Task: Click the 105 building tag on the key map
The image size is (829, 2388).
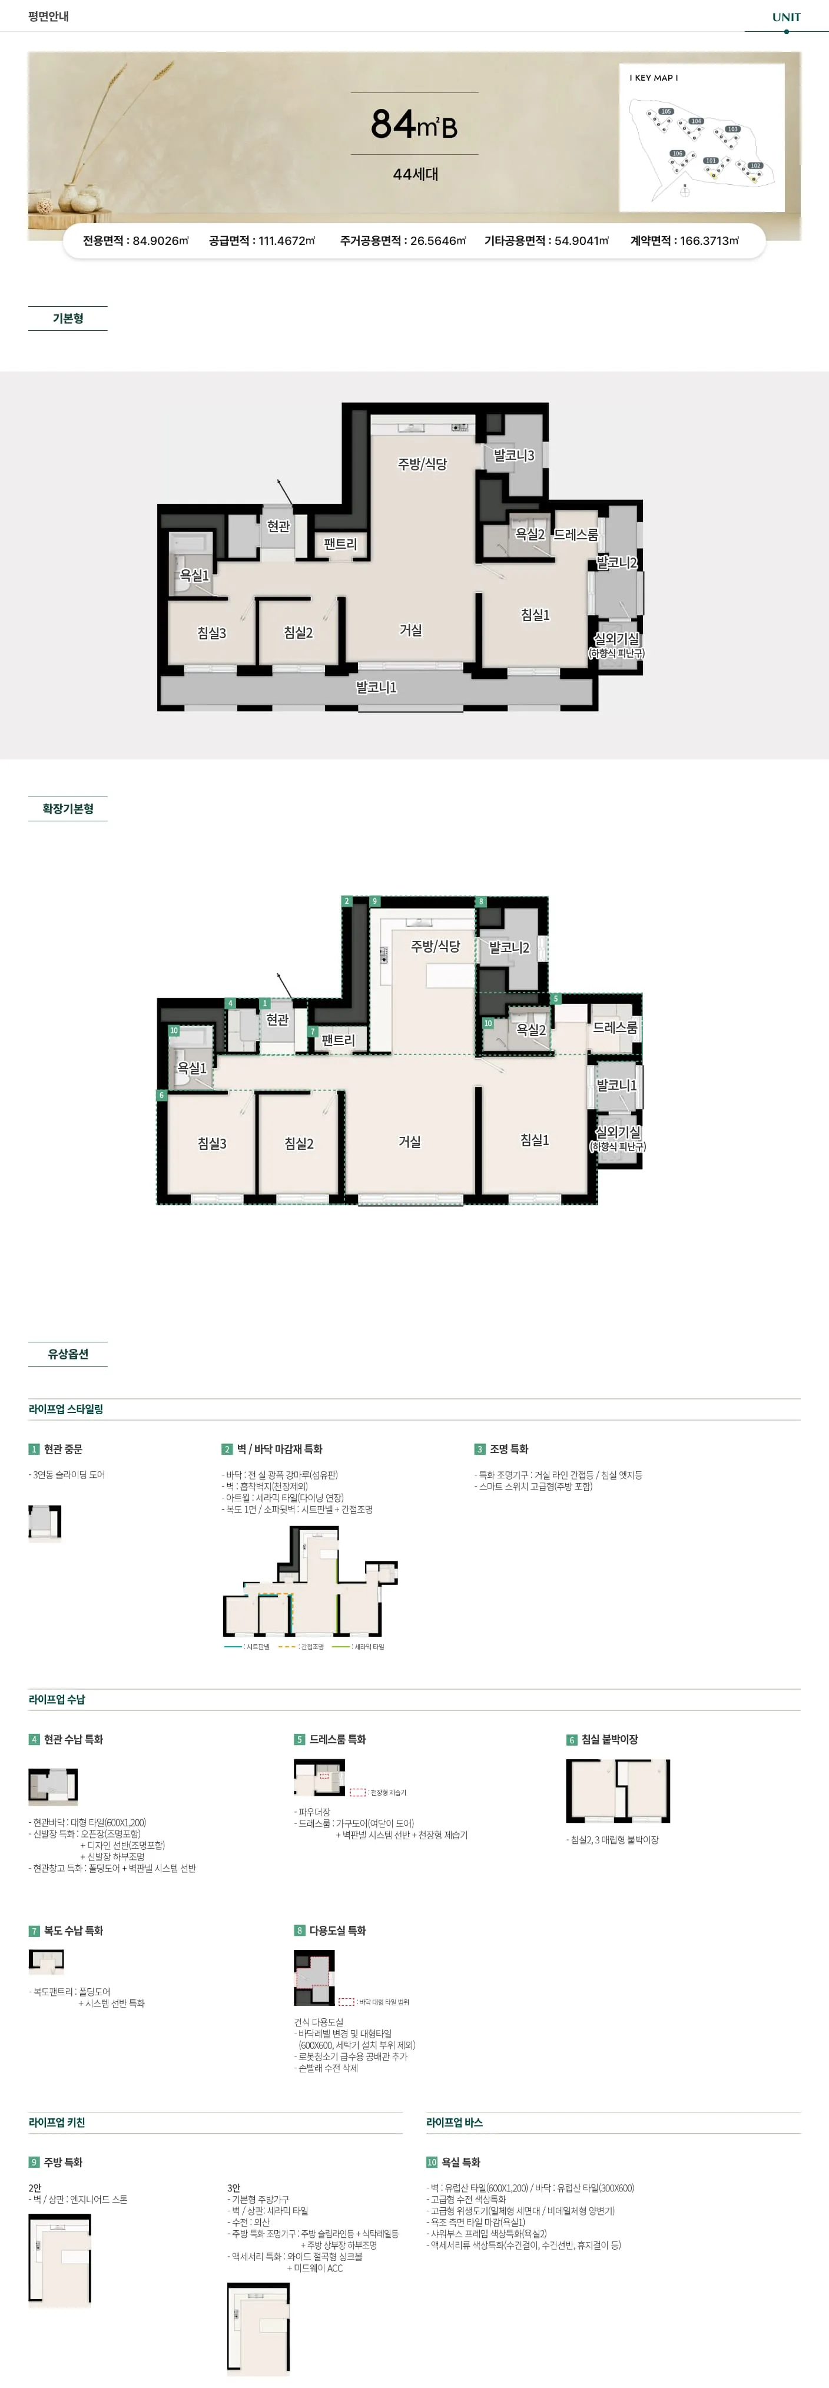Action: (666, 111)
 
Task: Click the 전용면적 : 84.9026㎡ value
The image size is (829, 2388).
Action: (135, 241)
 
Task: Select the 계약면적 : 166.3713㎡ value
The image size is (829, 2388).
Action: (684, 241)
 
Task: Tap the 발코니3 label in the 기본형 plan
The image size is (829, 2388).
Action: (514, 455)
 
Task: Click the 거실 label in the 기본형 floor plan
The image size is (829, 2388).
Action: (411, 631)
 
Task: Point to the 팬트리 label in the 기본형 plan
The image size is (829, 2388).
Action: (340, 544)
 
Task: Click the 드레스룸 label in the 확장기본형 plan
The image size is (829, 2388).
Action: (615, 1027)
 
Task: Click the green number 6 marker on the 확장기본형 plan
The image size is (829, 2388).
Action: (161, 1095)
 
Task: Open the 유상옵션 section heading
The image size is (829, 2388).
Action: (68, 1354)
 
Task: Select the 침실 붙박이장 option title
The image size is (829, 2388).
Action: (609, 1739)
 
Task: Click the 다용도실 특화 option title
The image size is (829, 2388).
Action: (337, 1930)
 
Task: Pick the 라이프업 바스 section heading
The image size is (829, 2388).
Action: (455, 2122)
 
